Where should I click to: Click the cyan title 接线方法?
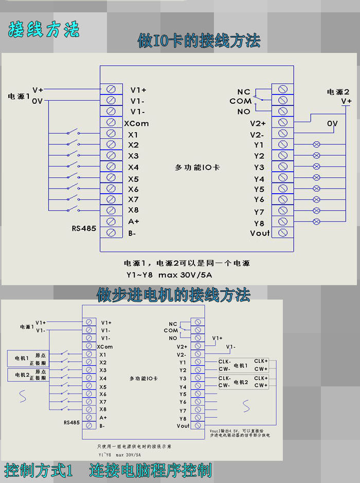(x=44, y=29)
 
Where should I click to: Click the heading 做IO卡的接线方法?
(x=199, y=41)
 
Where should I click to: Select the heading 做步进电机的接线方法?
(x=174, y=294)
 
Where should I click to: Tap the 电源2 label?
(x=338, y=91)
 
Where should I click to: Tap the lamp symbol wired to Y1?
(x=316, y=144)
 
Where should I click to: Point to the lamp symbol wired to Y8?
(x=316, y=222)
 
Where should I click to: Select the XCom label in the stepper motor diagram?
(x=105, y=347)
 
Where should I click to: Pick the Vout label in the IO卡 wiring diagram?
(x=260, y=233)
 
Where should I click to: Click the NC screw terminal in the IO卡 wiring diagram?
(x=282, y=89)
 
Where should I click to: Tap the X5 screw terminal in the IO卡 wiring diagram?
(x=111, y=178)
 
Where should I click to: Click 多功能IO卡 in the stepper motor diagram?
(x=143, y=378)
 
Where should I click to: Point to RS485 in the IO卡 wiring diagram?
(x=84, y=228)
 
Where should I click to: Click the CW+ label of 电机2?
(x=261, y=385)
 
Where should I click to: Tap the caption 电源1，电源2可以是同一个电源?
(x=187, y=263)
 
